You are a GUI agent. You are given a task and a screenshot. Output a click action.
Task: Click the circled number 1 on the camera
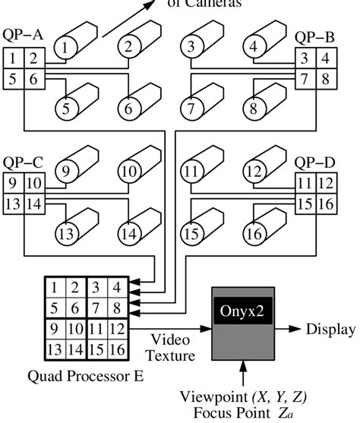pos(67,48)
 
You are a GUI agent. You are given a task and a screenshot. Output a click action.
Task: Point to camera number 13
pos(67,232)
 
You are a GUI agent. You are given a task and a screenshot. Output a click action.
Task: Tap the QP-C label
pos(22,162)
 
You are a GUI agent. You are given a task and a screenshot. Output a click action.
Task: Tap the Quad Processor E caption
pos(83,375)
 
